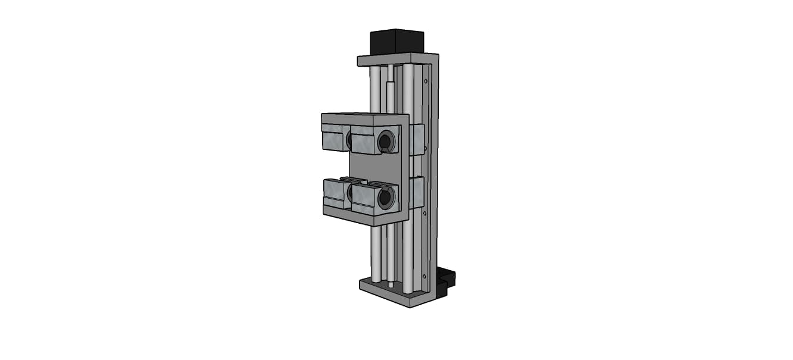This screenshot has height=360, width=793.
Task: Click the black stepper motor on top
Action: tap(396, 42)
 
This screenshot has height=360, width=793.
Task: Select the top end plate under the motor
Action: tap(393, 60)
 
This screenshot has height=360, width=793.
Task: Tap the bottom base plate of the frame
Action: tap(387, 292)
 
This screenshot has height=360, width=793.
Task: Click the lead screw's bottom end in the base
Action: tap(391, 283)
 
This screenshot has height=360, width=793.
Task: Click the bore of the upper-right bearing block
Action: tap(385, 141)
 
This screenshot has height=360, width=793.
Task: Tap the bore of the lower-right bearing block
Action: tap(386, 198)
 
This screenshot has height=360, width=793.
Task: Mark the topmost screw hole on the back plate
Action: tap(426, 80)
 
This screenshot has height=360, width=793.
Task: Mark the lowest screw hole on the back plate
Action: tap(424, 276)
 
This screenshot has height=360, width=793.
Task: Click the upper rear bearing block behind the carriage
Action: tap(417, 140)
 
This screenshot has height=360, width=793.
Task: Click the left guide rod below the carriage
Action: tap(376, 253)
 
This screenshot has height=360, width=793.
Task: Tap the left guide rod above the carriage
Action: tap(375, 89)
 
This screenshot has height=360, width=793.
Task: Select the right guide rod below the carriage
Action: tap(408, 256)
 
